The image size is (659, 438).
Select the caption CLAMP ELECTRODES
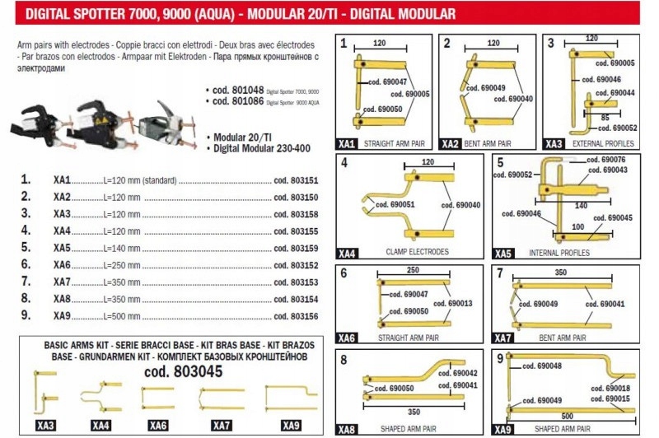click(x=417, y=251)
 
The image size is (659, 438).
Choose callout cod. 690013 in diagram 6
click(x=457, y=304)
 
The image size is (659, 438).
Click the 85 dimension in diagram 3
click(x=604, y=117)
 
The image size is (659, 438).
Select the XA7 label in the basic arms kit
click(x=222, y=425)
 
